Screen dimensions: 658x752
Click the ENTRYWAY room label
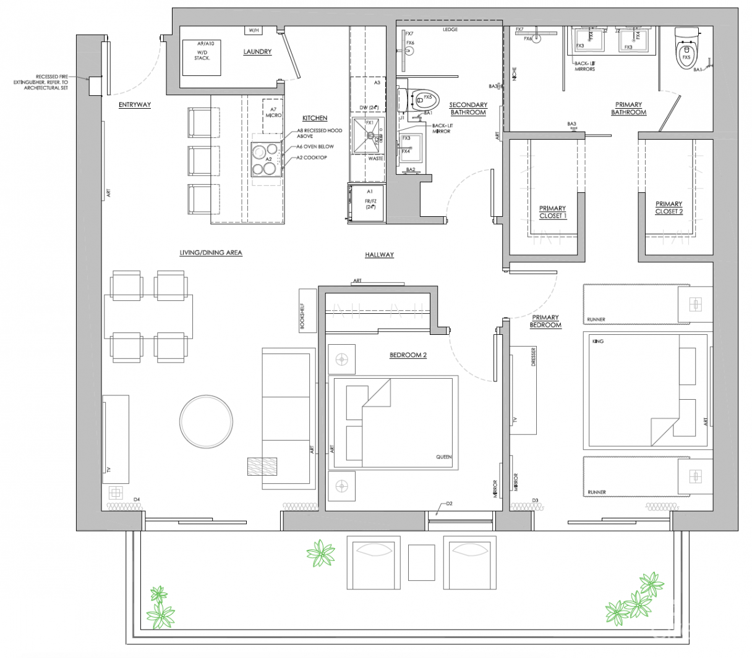click(134, 105)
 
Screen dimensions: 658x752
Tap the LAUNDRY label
click(257, 52)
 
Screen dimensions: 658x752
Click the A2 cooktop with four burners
click(267, 159)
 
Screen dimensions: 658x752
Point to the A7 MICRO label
click(273, 112)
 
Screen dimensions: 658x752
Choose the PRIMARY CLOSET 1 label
click(552, 213)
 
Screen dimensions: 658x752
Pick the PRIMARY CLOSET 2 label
click(669, 208)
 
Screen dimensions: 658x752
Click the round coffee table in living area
click(207, 421)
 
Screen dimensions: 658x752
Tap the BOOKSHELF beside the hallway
click(307, 310)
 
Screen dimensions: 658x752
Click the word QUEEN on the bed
click(443, 457)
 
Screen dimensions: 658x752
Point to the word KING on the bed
click(597, 342)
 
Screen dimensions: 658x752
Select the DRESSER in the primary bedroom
click(523, 389)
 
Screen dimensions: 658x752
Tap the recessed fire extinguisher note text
click(42, 82)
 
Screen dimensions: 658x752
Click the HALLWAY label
click(379, 255)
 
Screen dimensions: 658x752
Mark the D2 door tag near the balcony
click(449, 504)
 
